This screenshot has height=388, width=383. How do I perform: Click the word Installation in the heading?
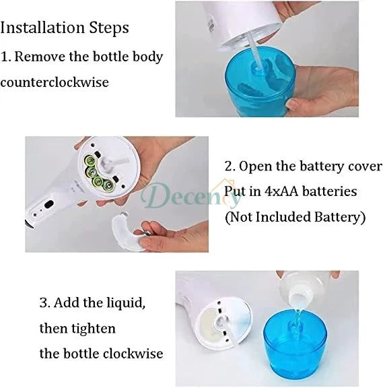tap(40, 28)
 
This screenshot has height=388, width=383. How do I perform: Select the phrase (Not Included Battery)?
tap(295, 217)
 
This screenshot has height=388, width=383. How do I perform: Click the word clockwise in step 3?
tap(133, 353)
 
